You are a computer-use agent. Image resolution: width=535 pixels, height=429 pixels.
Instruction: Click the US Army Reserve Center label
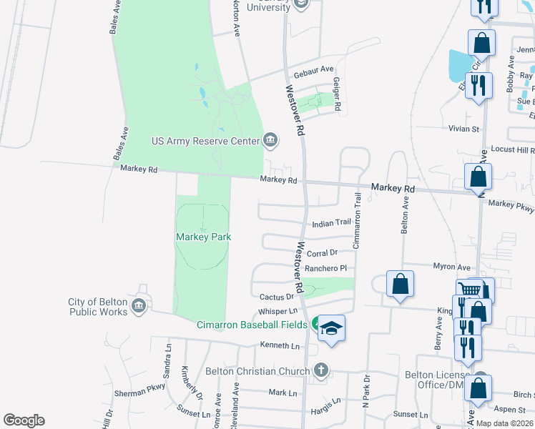(205, 141)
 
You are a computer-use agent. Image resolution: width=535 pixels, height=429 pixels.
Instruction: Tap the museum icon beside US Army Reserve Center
(270, 139)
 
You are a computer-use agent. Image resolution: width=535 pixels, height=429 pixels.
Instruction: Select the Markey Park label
(204, 236)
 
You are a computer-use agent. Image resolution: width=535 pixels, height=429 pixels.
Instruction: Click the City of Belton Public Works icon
(139, 307)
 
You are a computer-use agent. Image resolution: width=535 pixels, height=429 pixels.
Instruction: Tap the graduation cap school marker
(331, 328)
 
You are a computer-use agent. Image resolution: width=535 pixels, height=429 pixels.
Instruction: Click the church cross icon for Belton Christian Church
(321, 370)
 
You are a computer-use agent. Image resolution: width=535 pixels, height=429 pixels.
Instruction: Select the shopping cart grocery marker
(469, 290)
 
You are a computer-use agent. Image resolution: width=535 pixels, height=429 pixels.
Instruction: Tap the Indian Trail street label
(331, 224)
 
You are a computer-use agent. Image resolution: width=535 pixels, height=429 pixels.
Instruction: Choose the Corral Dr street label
(322, 253)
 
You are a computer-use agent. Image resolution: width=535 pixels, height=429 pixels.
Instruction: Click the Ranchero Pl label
(325, 269)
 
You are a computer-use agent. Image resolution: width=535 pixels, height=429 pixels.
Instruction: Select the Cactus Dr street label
(277, 297)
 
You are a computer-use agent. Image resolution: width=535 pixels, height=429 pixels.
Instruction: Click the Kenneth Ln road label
(280, 345)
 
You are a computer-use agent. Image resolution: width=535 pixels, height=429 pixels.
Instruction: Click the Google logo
(24, 420)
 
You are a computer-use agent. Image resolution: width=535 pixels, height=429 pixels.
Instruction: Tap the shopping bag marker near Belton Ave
(401, 283)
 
